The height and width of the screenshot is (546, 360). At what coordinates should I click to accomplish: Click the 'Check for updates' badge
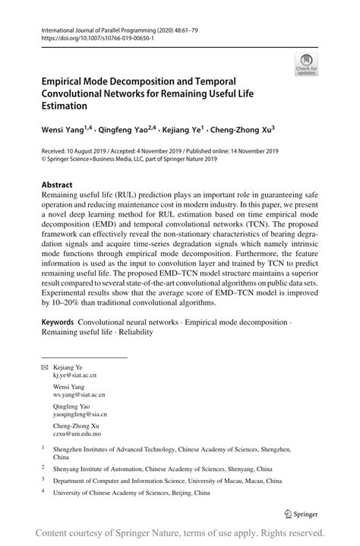(308, 65)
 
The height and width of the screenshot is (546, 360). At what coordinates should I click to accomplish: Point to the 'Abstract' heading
(58, 185)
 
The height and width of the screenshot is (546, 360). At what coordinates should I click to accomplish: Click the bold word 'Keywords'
(62, 323)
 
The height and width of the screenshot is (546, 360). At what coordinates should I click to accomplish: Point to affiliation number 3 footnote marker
(43, 481)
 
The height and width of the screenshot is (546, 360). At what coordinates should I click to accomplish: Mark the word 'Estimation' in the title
(65, 106)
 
